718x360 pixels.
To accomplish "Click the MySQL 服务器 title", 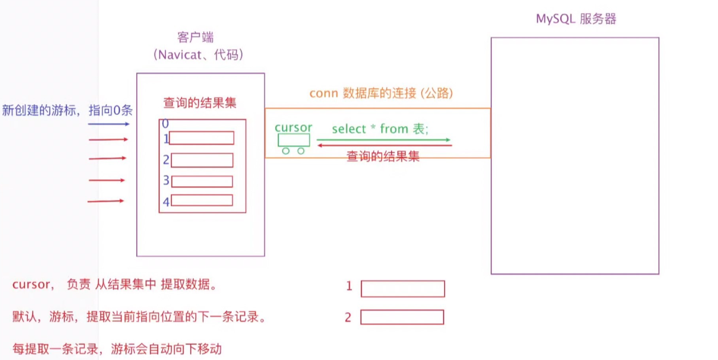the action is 576,19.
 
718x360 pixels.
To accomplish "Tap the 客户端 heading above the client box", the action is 196,37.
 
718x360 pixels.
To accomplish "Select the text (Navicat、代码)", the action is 198,54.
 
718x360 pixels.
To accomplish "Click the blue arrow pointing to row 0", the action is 108,124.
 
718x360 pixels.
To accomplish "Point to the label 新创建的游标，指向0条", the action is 67,110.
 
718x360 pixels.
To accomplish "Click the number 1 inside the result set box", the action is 166,139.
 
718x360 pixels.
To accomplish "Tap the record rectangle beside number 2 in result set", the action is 202,160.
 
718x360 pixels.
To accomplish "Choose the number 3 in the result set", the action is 166,180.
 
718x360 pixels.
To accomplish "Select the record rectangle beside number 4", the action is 202,200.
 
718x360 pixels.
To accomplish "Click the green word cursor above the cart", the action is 293,128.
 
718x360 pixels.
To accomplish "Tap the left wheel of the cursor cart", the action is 285,151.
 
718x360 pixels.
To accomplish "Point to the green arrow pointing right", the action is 383,139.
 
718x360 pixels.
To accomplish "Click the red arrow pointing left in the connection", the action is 383,146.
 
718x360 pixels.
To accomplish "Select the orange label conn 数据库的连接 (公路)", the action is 381,93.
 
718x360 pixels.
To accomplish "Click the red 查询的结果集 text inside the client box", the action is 200,102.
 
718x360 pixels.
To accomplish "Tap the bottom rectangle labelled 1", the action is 403,289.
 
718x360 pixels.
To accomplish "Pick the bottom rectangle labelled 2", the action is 402,317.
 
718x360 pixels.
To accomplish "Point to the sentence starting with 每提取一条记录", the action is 117,348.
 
